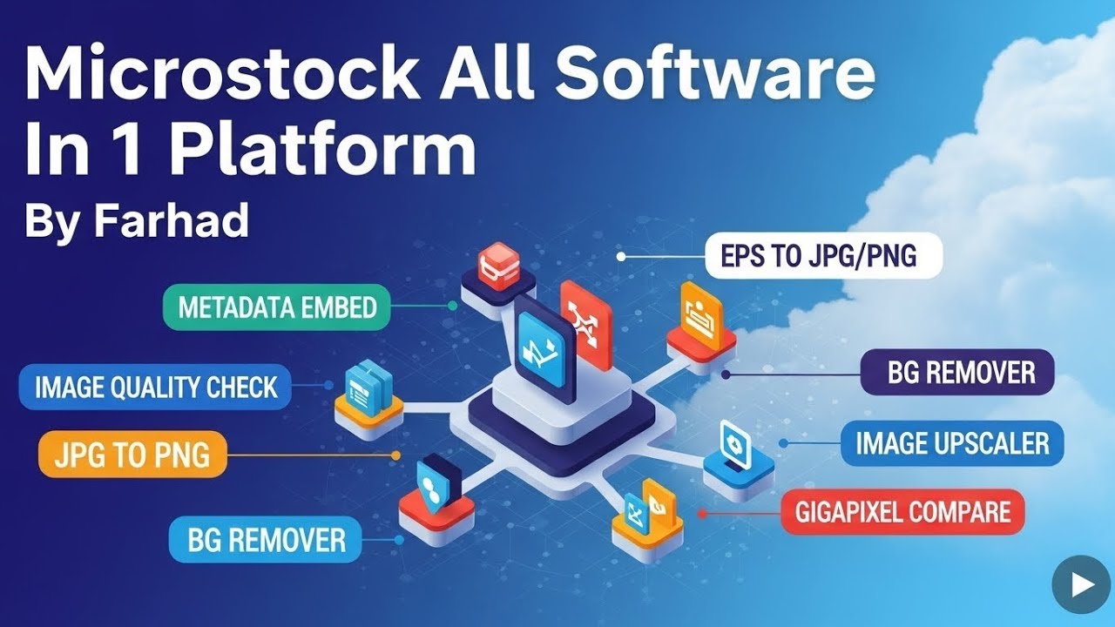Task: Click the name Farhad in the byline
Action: point(172,219)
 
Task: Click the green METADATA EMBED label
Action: point(277,307)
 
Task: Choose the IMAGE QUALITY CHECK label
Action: point(155,388)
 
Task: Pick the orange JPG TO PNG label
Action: point(132,455)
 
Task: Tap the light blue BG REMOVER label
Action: point(266,539)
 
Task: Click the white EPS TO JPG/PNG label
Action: point(824,256)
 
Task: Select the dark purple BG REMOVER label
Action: point(957,372)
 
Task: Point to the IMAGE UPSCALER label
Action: point(952,443)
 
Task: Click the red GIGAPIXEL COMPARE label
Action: point(902,512)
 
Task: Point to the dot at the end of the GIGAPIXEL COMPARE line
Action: point(702,514)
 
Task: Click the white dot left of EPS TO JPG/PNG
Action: point(621,257)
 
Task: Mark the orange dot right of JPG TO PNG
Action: point(395,455)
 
